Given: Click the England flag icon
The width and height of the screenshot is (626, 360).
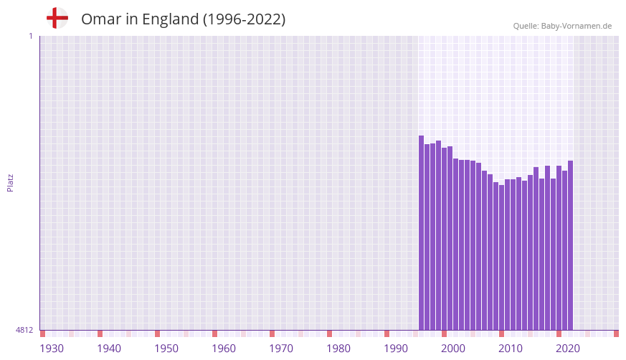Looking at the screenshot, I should click(57, 19).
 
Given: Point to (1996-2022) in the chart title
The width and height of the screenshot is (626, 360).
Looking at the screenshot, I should click(245, 19).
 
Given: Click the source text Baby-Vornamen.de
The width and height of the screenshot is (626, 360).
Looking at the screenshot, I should click(576, 26).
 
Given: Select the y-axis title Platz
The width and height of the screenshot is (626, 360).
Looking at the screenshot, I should click(10, 182).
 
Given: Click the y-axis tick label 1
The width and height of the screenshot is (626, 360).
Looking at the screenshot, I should click(30, 36).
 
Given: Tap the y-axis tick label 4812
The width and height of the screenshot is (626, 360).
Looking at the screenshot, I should click(24, 330).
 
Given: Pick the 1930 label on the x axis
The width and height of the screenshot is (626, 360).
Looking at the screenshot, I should click(52, 349).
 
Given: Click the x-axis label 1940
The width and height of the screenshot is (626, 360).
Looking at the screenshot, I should click(109, 349).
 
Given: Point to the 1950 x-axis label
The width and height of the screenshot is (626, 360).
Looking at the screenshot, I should click(166, 349).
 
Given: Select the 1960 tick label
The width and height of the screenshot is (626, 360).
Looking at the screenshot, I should click(224, 349).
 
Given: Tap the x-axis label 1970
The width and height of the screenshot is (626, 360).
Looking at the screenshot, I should click(281, 349).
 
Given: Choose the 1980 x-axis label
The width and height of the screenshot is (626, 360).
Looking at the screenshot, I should click(338, 349).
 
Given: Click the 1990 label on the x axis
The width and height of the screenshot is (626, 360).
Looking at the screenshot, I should click(396, 349).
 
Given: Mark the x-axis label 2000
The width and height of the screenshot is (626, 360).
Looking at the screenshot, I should click(453, 349).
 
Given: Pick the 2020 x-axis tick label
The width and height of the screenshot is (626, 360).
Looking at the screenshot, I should click(568, 349).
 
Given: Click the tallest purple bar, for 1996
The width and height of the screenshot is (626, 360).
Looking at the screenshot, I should click(422, 233).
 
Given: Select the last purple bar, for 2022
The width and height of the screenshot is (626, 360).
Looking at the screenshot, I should click(571, 245).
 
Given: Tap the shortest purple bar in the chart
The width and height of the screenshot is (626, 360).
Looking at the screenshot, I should click(502, 257).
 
